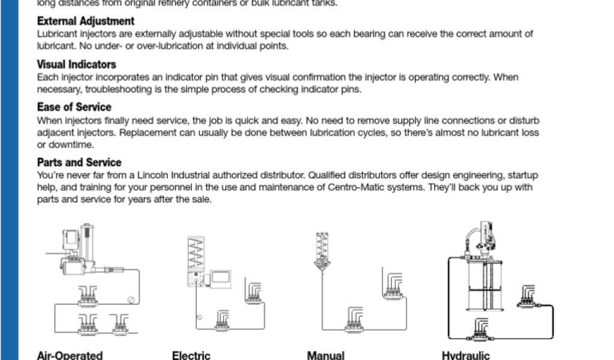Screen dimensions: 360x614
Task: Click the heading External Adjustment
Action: (x=85, y=22)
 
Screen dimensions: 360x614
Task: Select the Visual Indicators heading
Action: (x=76, y=64)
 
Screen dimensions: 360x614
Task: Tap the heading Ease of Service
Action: (x=74, y=107)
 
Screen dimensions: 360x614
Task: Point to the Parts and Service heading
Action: (x=79, y=162)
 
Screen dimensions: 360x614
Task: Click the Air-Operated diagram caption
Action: (x=70, y=355)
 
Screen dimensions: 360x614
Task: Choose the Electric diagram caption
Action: (x=191, y=355)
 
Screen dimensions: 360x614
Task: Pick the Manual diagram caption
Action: (x=325, y=355)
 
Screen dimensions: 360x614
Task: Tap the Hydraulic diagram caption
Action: (x=465, y=355)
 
